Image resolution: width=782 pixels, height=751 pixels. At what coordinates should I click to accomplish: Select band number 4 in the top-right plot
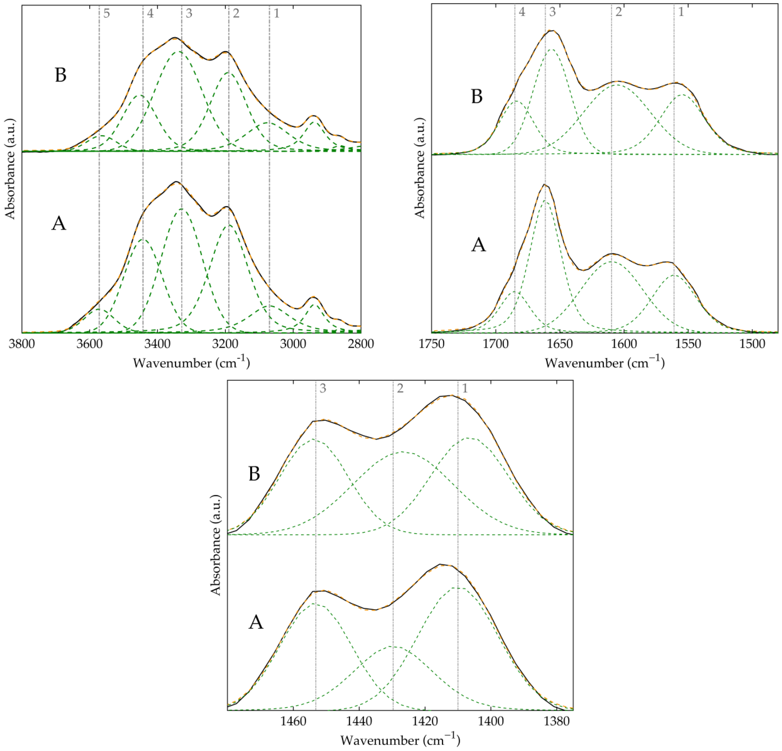[x=522, y=12]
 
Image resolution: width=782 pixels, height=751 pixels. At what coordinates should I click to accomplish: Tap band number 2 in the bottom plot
[x=400, y=388]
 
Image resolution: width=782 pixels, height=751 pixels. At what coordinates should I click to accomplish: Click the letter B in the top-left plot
[x=60, y=75]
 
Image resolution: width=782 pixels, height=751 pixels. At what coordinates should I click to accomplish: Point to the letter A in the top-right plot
[x=478, y=245]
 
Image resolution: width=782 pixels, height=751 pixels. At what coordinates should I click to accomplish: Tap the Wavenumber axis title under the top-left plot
[x=191, y=363]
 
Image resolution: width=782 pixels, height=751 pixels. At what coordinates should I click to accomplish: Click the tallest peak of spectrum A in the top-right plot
[x=545, y=185]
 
